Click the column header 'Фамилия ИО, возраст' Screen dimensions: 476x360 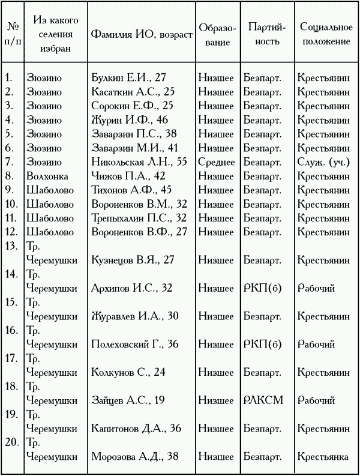[142, 35]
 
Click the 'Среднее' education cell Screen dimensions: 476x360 [217, 161]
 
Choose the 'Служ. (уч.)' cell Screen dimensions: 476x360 [325, 161]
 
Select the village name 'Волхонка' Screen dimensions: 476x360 [47, 176]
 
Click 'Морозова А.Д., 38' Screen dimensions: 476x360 [134, 456]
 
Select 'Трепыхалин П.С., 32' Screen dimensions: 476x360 [139, 218]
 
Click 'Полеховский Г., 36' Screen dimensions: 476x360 [135, 344]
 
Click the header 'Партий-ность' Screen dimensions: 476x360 [266, 35]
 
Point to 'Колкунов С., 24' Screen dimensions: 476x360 [128, 372]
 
